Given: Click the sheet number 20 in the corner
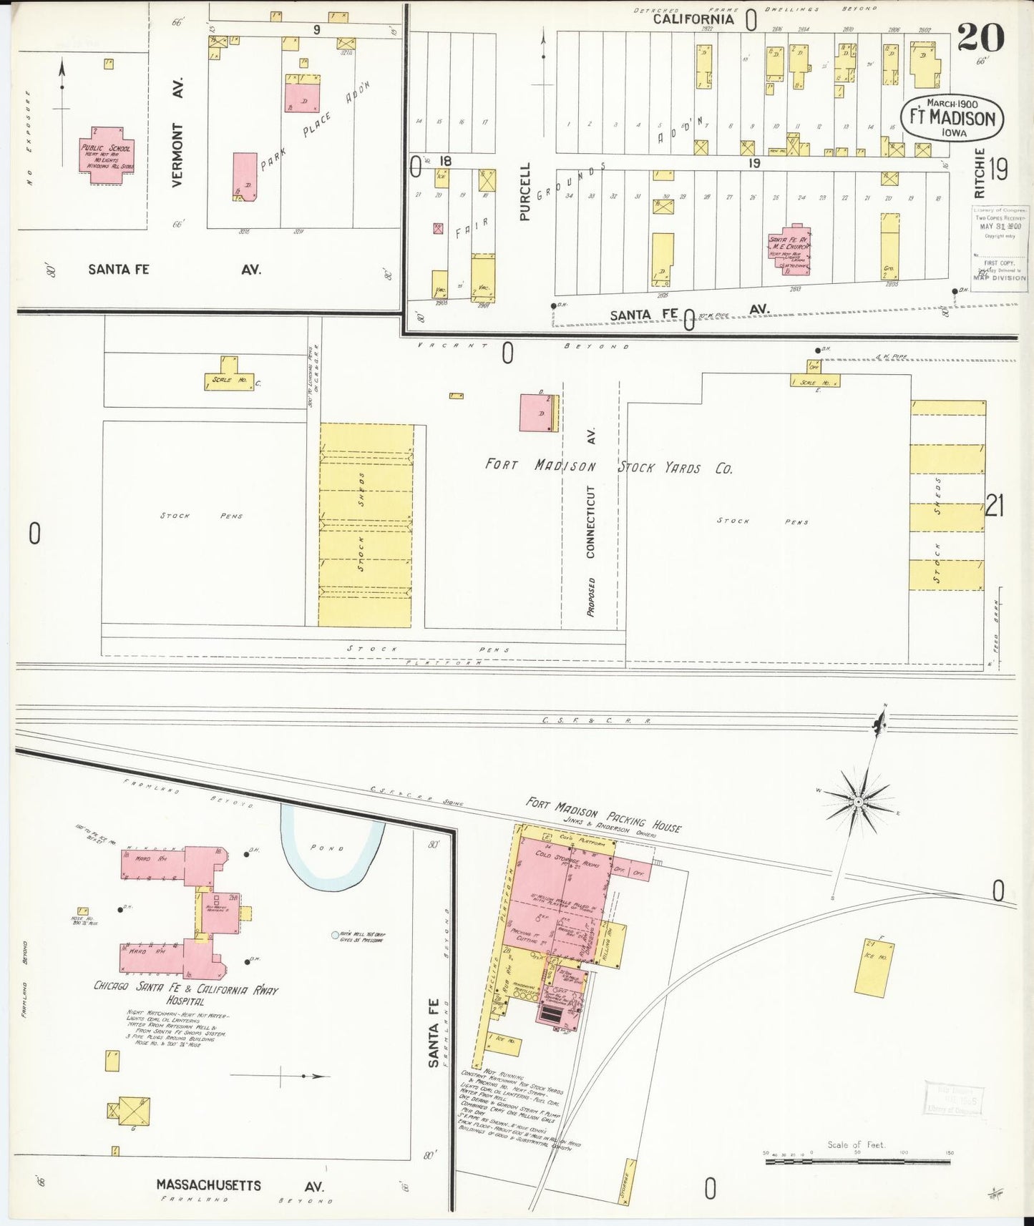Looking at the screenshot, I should click(980, 37).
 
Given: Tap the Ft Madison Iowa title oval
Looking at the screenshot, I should click(952, 117).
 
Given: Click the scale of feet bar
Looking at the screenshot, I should click(859, 1162).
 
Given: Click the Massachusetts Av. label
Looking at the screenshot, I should click(240, 1185).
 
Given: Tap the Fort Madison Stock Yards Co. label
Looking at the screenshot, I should click(608, 467).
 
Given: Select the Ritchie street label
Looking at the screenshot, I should click(980, 174).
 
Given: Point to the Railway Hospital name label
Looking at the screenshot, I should click(185, 993).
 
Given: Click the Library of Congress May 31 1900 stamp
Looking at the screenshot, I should click(999, 248).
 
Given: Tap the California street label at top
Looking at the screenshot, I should click(693, 19).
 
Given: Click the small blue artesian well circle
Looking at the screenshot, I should click(334, 935).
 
